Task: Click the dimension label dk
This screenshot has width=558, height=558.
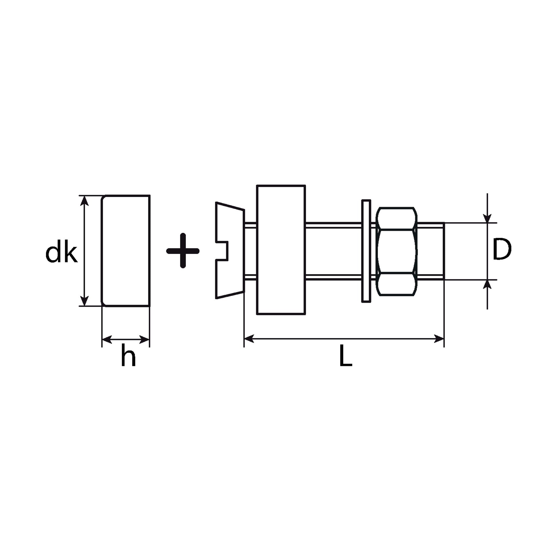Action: (x=62, y=250)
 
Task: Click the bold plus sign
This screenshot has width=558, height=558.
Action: (x=183, y=251)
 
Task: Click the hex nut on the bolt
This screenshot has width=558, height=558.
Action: (x=397, y=251)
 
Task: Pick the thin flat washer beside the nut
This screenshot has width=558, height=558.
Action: (x=366, y=251)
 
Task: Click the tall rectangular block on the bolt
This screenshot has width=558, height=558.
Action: (x=281, y=250)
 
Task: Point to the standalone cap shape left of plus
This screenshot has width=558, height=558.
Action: (x=126, y=250)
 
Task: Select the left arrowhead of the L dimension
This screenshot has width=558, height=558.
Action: (x=249, y=339)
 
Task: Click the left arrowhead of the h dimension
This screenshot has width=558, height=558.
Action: (x=107, y=340)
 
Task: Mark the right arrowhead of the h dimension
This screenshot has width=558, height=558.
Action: (x=144, y=340)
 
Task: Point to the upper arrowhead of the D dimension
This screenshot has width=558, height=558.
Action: (x=487, y=218)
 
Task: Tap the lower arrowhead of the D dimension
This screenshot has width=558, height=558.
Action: (x=487, y=285)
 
